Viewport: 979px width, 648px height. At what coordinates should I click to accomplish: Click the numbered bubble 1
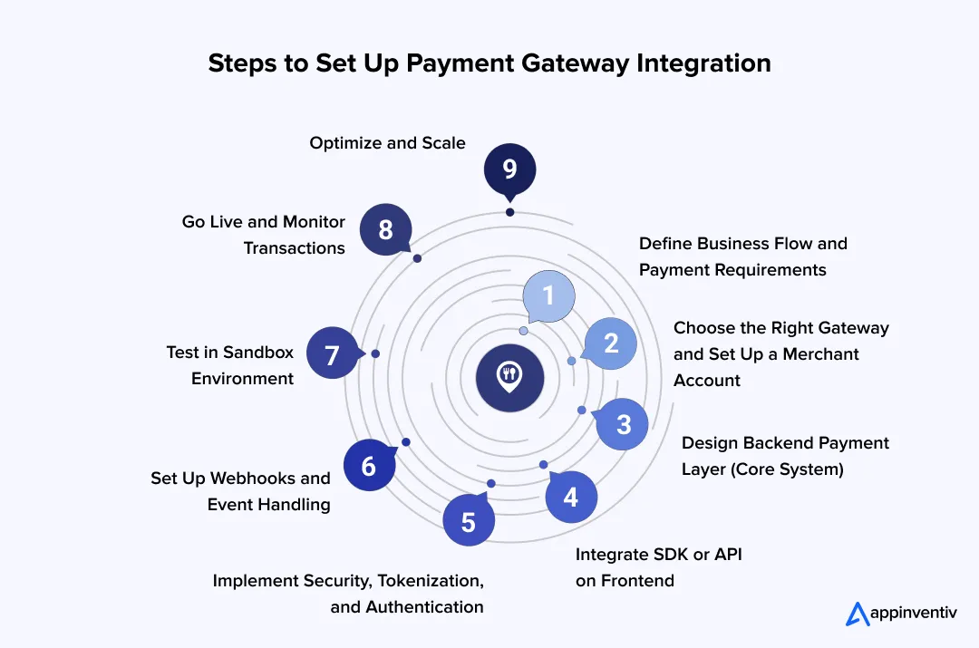click(x=548, y=296)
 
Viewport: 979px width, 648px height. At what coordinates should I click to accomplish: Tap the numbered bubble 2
click(x=610, y=343)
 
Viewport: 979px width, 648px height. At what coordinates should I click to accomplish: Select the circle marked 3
click(x=623, y=423)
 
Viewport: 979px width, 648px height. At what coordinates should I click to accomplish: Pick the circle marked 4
click(x=571, y=497)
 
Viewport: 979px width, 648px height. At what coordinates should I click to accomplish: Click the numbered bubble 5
click(x=469, y=522)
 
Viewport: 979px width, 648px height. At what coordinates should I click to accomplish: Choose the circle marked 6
click(x=369, y=466)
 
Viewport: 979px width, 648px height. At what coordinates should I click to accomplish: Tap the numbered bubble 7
click(x=332, y=353)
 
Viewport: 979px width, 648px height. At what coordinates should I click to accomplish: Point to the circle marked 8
click(x=385, y=229)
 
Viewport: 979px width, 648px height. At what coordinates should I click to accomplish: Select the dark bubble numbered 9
click(x=509, y=169)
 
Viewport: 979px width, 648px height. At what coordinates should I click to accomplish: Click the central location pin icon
click(x=509, y=377)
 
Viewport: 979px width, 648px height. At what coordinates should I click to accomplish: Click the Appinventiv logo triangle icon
click(x=858, y=614)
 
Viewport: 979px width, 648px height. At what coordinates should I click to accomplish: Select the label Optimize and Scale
click(x=387, y=143)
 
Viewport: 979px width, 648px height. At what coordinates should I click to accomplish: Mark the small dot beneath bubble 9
click(x=509, y=212)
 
